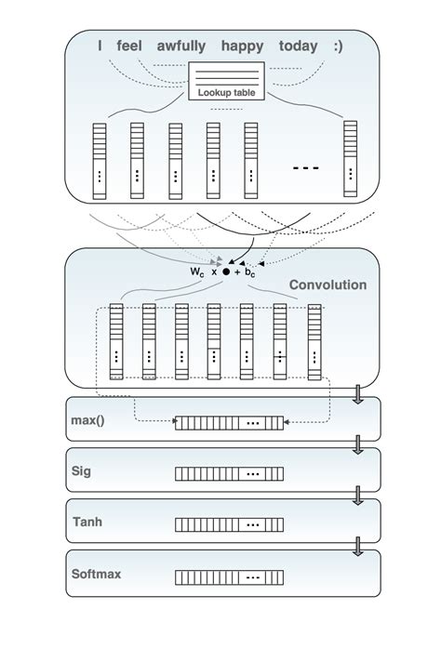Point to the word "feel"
pos(131,46)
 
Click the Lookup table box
pos(227,81)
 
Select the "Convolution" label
pos(327,285)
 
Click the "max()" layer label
pos(88,420)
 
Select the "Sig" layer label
pos(82,471)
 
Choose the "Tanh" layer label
pos(87,523)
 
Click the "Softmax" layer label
pos(96,574)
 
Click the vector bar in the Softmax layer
pos(231,577)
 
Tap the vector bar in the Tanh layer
pos(231,525)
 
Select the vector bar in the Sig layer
pos(231,474)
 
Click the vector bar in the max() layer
pos(231,423)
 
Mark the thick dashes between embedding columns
pos(306,168)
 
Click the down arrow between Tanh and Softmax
pos(357,549)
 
